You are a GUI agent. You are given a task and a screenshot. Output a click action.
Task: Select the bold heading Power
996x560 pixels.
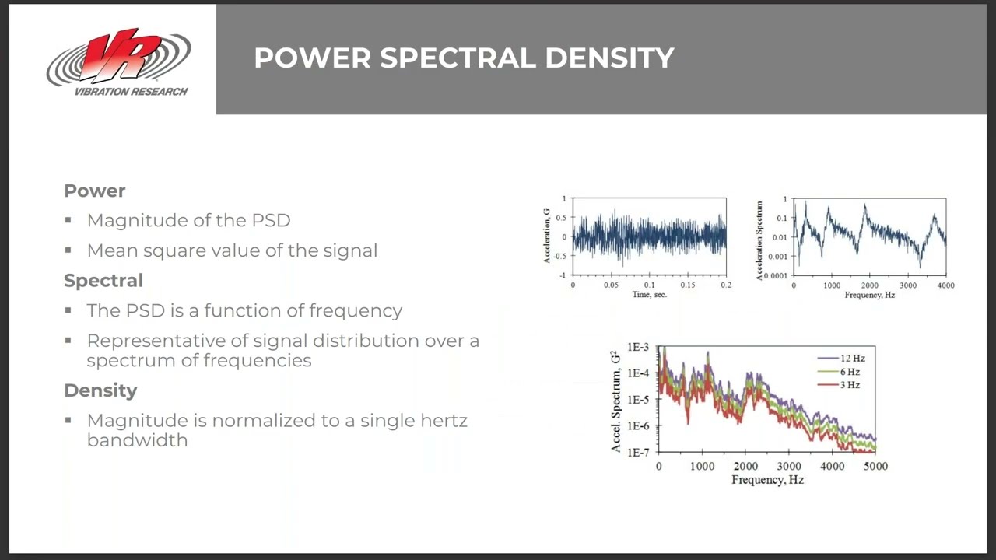94,191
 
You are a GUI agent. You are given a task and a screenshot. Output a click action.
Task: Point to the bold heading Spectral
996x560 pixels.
103,280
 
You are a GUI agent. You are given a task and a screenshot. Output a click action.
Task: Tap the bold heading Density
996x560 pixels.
100,390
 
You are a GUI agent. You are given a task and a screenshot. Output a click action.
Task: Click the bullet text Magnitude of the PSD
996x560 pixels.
188,220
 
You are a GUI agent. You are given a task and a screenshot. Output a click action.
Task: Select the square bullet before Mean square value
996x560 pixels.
68,250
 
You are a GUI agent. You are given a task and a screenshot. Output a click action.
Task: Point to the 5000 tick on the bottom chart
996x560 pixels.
876,466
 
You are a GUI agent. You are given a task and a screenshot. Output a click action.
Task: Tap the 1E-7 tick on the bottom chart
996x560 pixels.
638,452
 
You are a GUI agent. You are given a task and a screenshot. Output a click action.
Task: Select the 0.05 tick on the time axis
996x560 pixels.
611,285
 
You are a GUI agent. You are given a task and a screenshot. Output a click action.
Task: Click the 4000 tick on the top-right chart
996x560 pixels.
945,285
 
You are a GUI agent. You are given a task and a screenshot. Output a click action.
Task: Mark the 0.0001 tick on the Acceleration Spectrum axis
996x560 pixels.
775,275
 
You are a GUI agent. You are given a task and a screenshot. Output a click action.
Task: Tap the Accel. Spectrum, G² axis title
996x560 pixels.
616,401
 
